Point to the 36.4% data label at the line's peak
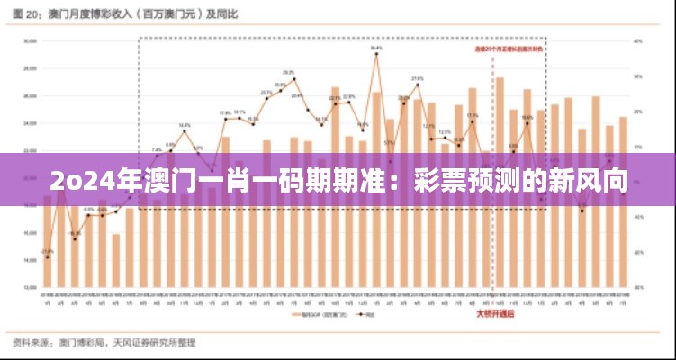click(376, 48)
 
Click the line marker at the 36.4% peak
click(376, 54)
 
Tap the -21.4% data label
click(47, 251)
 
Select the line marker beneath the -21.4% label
click(47, 257)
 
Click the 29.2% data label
click(289, 72)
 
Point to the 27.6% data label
click(418, 79)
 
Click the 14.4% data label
click(184, 125)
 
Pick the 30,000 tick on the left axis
click(29, 40)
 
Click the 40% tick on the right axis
click(637, 40)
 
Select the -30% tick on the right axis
click(637, 287)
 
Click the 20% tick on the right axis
click(637, 111)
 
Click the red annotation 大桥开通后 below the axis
click(495, 314)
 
